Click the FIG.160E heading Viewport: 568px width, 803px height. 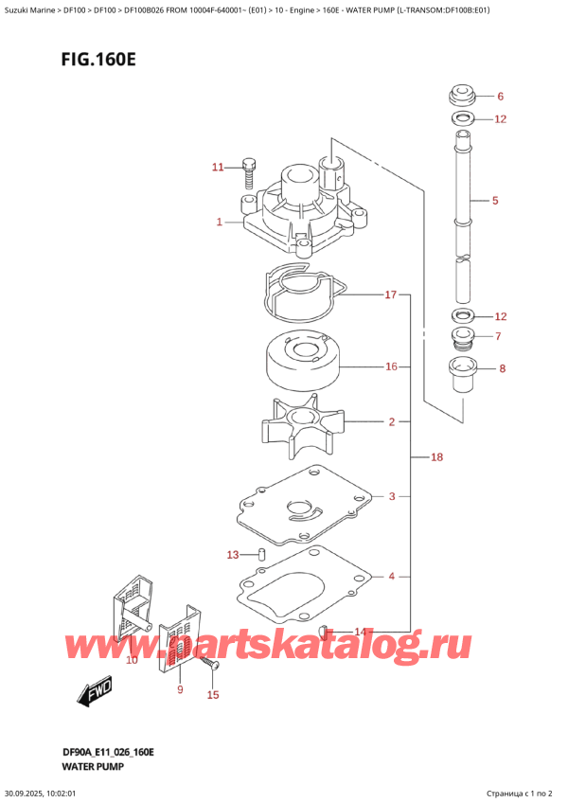coord(98,60)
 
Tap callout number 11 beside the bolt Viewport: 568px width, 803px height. coord(218,167)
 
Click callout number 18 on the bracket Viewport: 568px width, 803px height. coord(436,456)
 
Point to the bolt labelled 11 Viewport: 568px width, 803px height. coord(249,172)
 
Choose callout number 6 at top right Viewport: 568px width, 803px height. coord(501,96)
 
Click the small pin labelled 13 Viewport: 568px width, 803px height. coord(261,554)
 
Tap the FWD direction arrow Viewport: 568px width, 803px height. coord(95,693)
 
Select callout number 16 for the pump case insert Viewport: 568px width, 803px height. coord(391,366)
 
